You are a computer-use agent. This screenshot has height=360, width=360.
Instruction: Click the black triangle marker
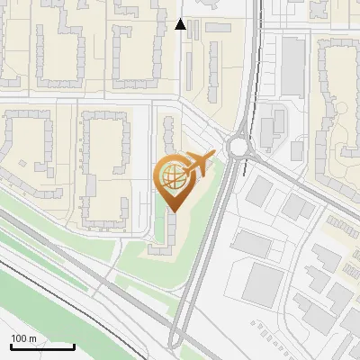181,24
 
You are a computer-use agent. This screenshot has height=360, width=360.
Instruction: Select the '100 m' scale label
23,337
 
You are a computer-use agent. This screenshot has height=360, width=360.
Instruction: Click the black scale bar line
42,346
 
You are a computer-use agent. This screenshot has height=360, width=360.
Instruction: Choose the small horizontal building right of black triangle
217,27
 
